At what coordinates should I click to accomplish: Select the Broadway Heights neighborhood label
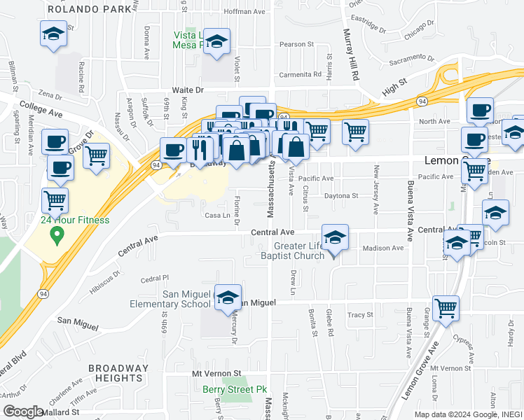click(118, 373)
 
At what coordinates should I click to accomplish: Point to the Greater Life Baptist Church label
click(289, 250)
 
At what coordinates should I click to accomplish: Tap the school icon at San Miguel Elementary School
click(228, 298)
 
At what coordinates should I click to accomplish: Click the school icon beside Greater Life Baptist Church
click(336, 238)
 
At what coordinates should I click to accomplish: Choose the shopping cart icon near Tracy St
click(446, 308)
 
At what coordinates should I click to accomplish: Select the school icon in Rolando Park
click(53, 35)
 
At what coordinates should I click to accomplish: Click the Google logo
click(23, 412)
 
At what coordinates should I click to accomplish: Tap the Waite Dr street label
click(188, 90)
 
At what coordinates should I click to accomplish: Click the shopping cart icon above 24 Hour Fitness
click(55, 200)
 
